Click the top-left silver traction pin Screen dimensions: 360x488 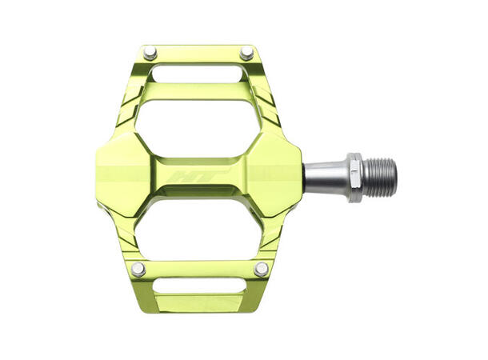click(150, 54)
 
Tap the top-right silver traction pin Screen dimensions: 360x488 click(247, 54)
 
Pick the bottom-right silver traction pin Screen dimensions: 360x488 click(261, 269)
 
